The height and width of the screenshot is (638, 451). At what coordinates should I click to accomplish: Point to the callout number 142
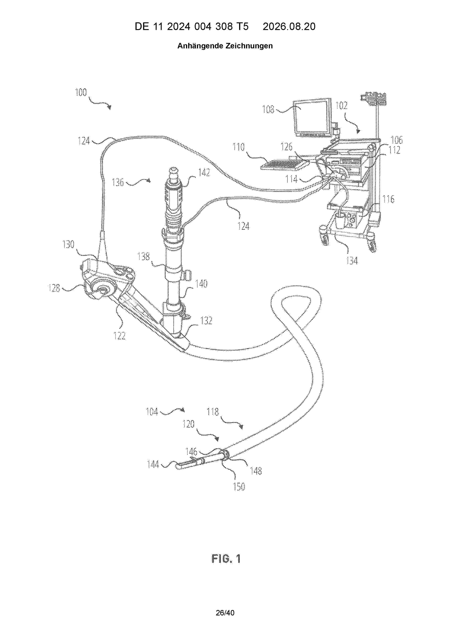pos(204,173)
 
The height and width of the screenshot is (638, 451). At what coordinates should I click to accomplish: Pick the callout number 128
pos(54,288)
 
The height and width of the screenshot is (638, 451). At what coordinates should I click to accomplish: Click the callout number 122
pos(119,336)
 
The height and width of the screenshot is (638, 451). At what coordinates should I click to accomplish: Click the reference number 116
pos(388,199)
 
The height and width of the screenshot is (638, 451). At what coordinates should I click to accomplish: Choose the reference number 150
pos(239,487)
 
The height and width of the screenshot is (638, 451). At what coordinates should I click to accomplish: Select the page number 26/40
pos(225,619)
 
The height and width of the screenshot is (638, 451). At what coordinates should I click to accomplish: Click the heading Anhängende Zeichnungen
pos(225,46)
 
